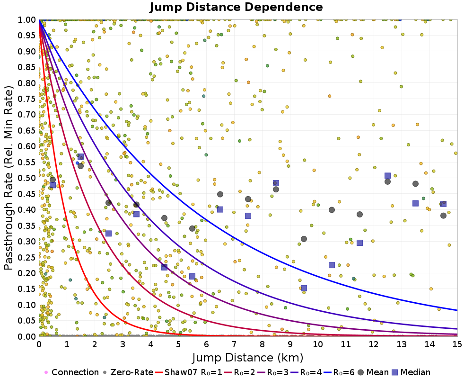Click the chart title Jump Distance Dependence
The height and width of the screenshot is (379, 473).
pyautogui.click(x=236, y=8)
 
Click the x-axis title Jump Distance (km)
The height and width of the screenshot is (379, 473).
pyautogui.click(x=248, y=357)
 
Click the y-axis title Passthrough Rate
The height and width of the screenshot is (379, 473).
pyautogui.click(x=9, y=178)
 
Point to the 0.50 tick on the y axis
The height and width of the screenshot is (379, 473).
pyautogui.click(x=27, y=178)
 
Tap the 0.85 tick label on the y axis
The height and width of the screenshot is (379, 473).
pyautogui.click(x=27, y=67)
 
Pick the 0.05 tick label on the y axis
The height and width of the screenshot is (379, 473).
pyautogui.click(x=27, y=321)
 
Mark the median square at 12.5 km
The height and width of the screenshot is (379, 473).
pyautogui.click(x=387, y=176)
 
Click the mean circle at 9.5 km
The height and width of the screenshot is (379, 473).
pyautogui.click(x=304, y=239)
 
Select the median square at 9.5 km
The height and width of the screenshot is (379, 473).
pyautogui.click(x=304, y=288)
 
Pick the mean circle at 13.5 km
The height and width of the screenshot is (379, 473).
pyautogui.click(x=415, y=184)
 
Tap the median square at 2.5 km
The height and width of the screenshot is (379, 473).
pyautogui.click(x=108, y=233)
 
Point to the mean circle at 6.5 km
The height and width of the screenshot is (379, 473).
pyautogui.click(x=220, y=194)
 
